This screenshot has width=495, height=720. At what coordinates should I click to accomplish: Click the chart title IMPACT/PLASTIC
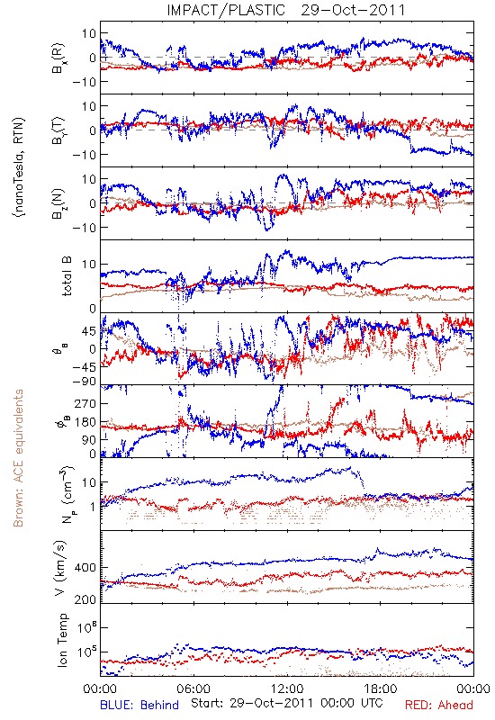(x=226, y=10)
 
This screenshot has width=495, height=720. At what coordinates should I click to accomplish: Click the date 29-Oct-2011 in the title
(x=353, y=10)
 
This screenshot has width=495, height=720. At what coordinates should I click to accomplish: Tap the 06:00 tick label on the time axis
(x=193, y=688)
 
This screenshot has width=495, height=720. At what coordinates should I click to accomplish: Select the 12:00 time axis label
(x=287, y=688)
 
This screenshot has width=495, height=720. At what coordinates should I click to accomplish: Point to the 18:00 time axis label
(x=381, y=688)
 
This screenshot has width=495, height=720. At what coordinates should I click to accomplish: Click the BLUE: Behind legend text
(x=139, y=705)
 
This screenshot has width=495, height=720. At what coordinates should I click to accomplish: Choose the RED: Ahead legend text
(x=439, y=705)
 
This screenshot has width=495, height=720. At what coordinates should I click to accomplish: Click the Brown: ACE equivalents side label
(x=18, y=458)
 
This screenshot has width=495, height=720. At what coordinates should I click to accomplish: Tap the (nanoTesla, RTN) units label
(x=19, y=166)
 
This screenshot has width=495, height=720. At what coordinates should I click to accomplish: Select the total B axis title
(x=67, y=276)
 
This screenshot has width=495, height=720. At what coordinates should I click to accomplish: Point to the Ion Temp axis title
(x=62, y=640)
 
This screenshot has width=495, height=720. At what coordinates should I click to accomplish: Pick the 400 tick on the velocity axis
(x=85, y=568)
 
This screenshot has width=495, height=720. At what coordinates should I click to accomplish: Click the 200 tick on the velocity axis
(x=85, y=599)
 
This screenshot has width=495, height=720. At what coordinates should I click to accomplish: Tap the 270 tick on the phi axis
(x=85, y=403)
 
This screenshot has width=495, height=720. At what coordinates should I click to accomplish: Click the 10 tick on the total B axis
(x=89, y=265)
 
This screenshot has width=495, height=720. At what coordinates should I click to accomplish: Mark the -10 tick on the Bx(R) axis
(x=84, y=82)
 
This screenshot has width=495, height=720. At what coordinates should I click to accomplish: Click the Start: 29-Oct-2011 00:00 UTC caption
(x=286, y=704)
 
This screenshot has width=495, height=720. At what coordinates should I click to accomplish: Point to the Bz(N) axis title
(x=58, y=203)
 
